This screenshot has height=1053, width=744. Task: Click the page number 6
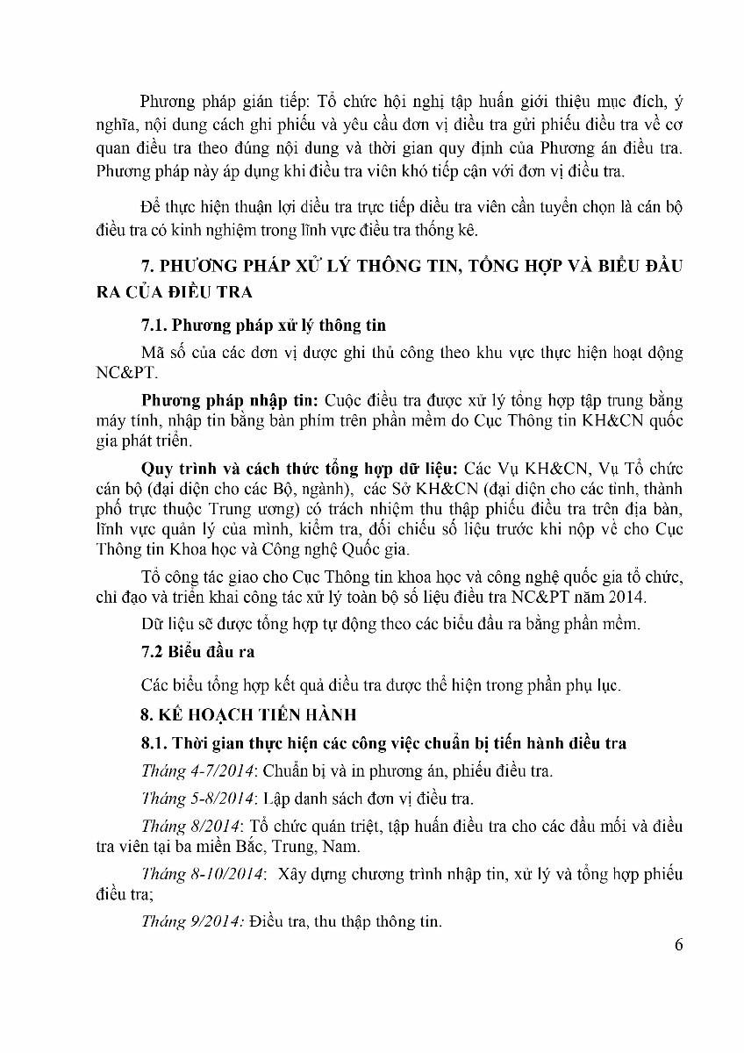(x=678, y=944)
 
